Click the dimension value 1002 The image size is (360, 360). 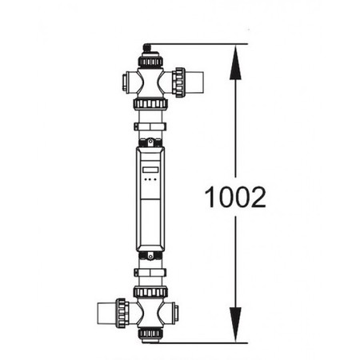pyautogui.click(x=235, y=197)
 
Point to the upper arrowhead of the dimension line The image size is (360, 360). pyautogui.click(x=235, y=62)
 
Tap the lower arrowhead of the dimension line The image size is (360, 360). pyautogui.click(x=235, y=324)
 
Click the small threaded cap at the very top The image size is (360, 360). pyautogui.click(x=146, y=48)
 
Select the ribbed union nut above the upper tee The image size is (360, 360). pyautogui.click(x=150, y=62)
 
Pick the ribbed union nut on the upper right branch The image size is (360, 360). pyautogui.click(x=178, y=82)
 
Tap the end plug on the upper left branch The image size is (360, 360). pyautogui.click(x=126, y=82)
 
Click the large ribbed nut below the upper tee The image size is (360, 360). pyautogui.click(x=150, y=103)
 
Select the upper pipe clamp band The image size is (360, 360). pyautogui.click(x=150, y=126)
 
